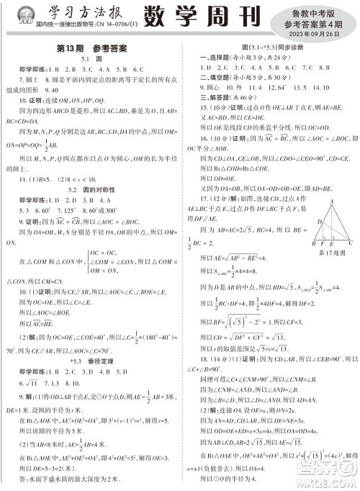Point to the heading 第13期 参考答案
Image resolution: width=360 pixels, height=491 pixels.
pyautogui.click(x=91, y=49)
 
